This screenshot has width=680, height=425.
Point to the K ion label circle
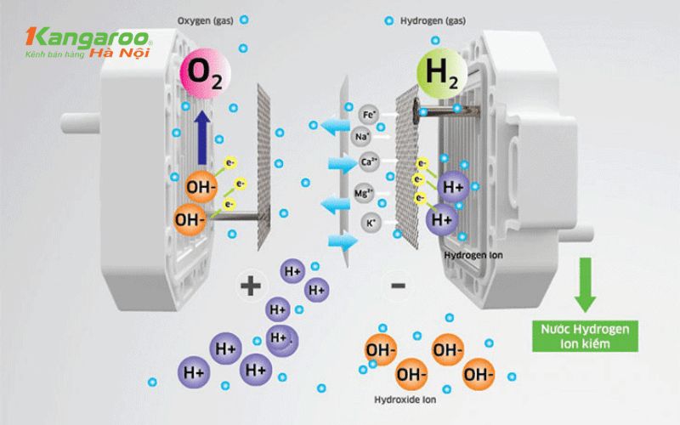(370, 224)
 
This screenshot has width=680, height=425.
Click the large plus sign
(250, 285)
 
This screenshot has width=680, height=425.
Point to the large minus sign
(398, 286)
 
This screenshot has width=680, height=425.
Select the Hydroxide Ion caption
(406, 399)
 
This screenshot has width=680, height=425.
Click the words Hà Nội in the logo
(132, 54)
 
